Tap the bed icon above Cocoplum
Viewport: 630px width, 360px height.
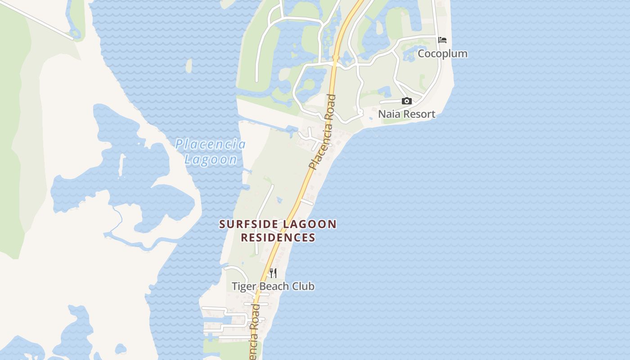tap(442, 40)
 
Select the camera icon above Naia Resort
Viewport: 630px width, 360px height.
tap(406, 101)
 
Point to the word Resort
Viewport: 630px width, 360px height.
tap(418, 114)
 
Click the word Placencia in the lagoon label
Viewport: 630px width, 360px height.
tap(210, 144)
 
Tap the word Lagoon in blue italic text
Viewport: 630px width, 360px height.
tap(211, 159)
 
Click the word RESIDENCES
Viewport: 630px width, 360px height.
tap(278, 238)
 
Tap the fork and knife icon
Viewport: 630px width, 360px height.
tap(273, 273)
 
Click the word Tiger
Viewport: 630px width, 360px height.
tap(244, 286)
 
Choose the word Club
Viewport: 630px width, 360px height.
tap(304, 286)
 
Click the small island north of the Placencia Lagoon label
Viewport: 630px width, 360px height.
tap(189, 66)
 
